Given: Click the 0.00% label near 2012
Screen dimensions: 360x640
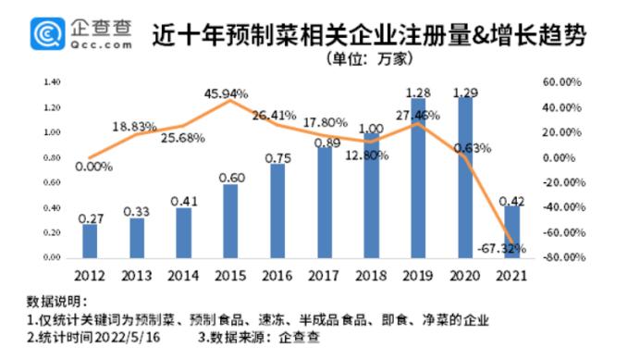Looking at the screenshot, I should [x=94, y=167].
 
